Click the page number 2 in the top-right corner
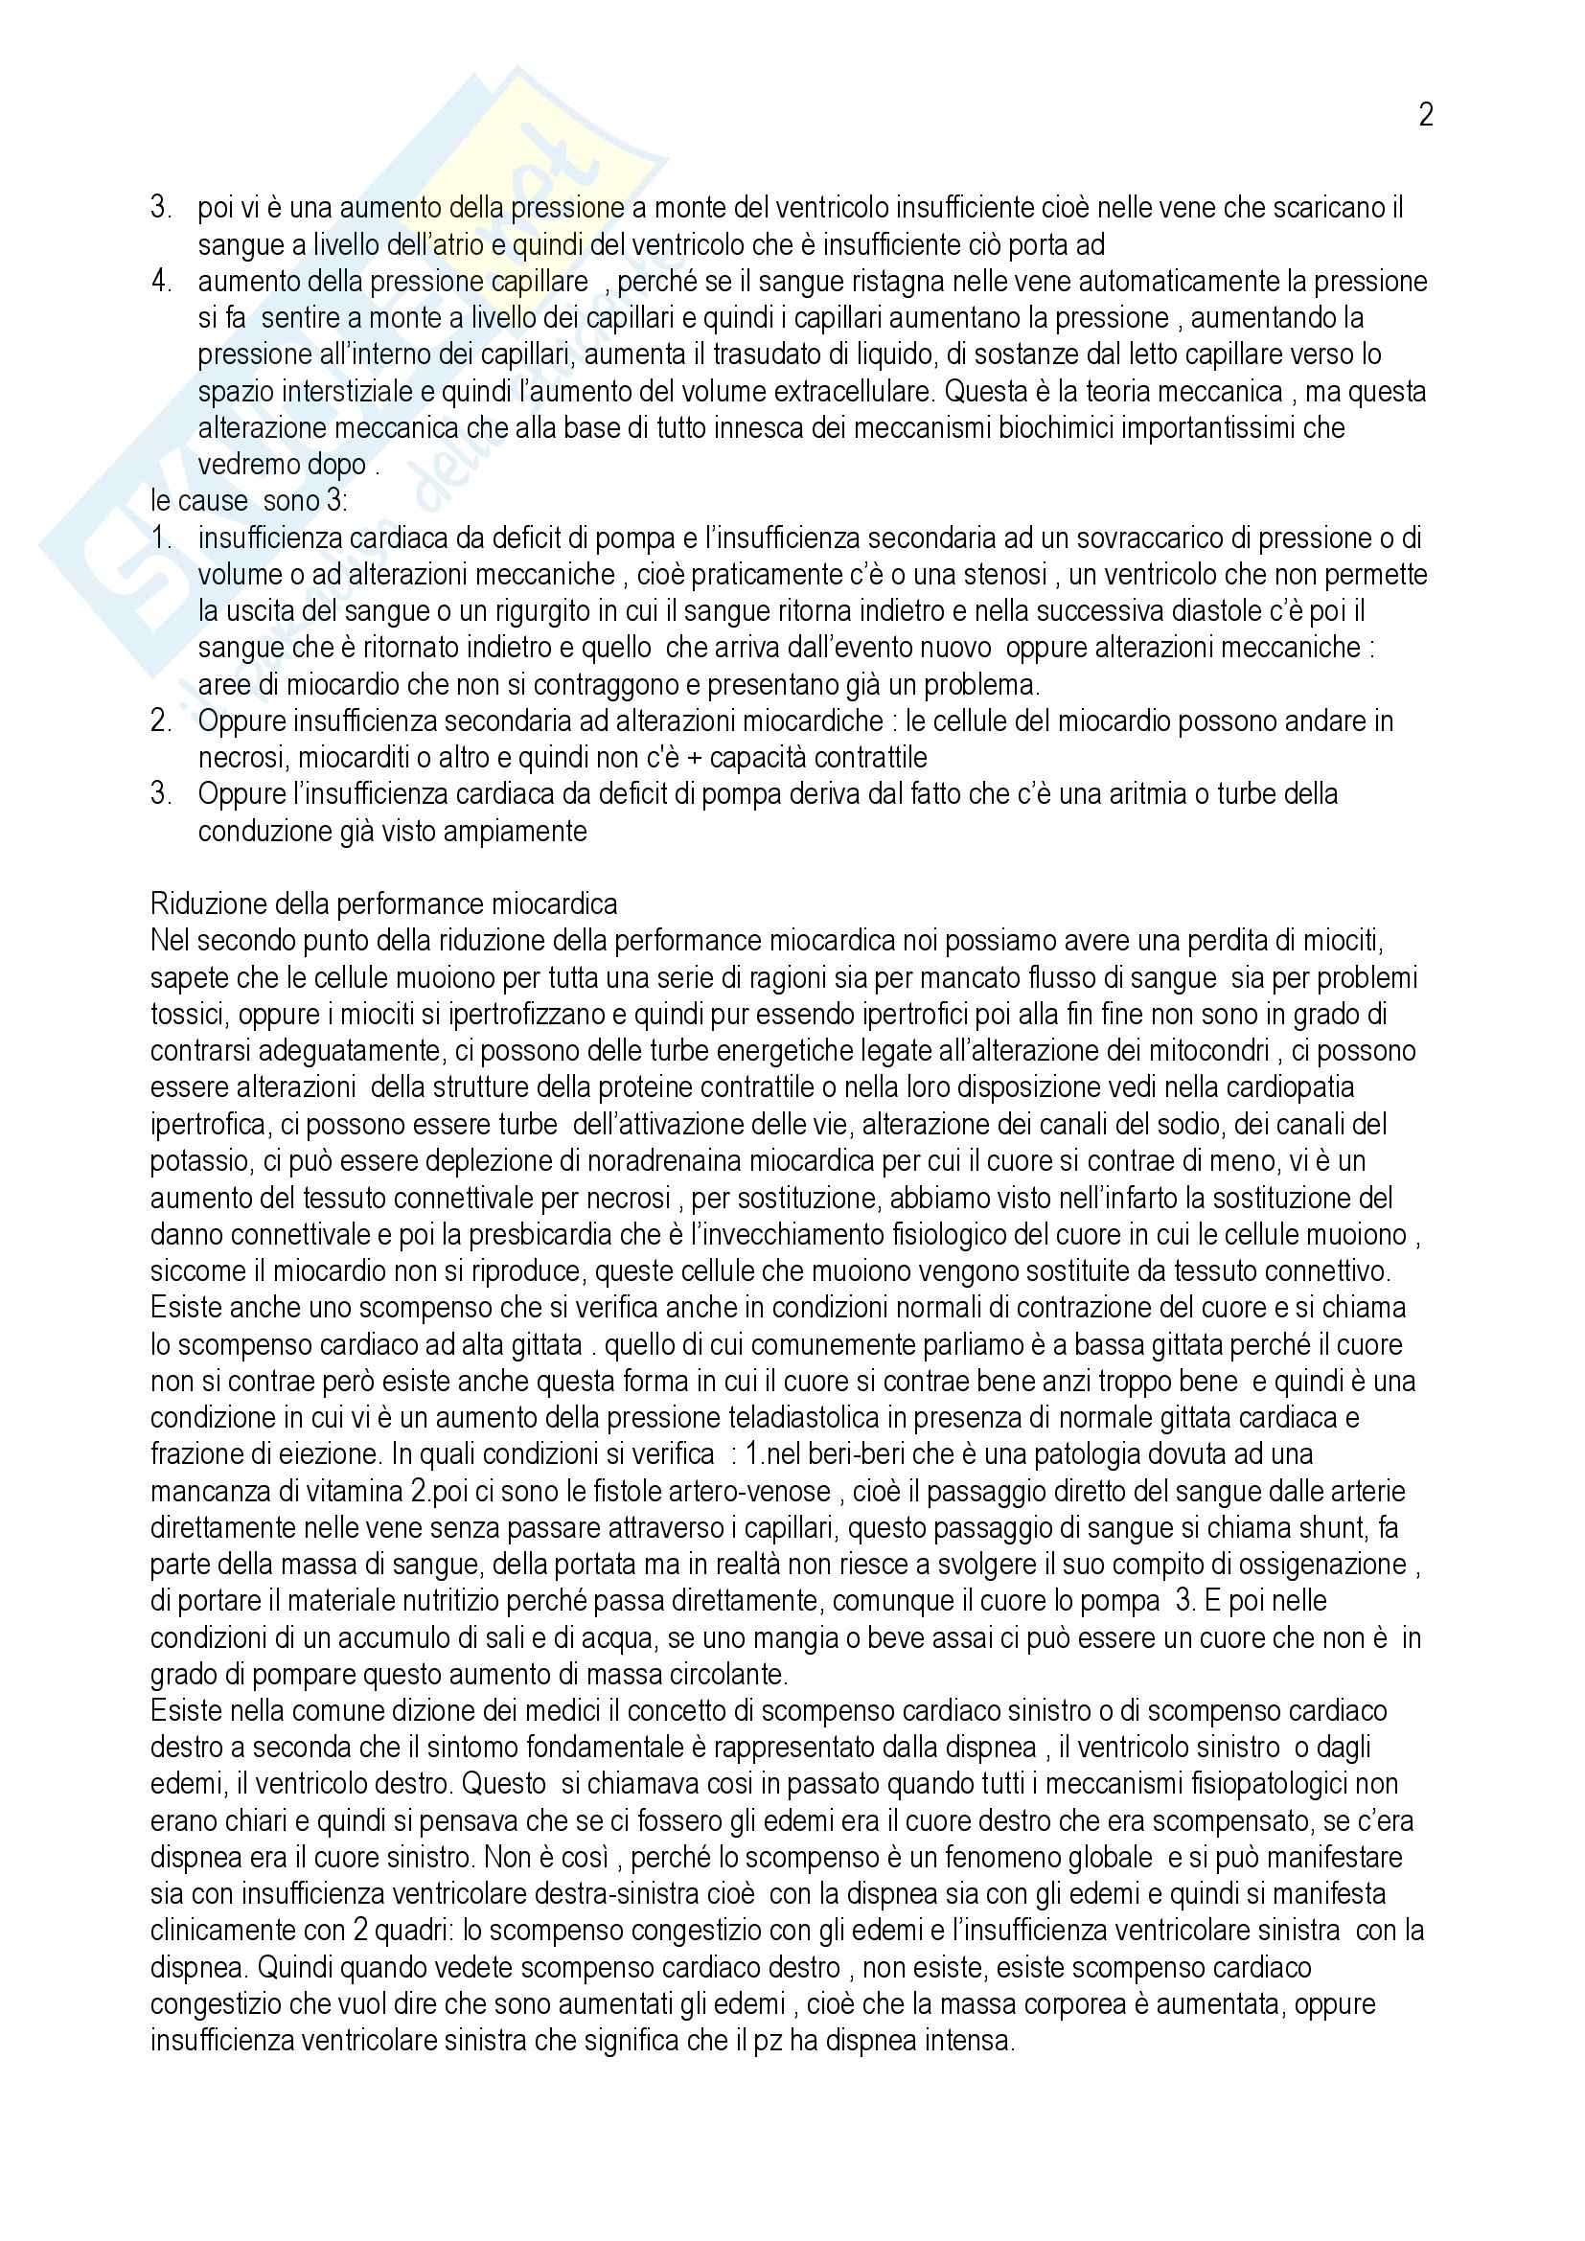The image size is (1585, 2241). [1425, 116]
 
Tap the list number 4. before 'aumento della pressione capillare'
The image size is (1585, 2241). [161, 282]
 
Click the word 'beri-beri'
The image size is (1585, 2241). [827, 1454]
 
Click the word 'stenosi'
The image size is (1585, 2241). [984, 575]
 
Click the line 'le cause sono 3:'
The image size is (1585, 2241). [249, 501]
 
